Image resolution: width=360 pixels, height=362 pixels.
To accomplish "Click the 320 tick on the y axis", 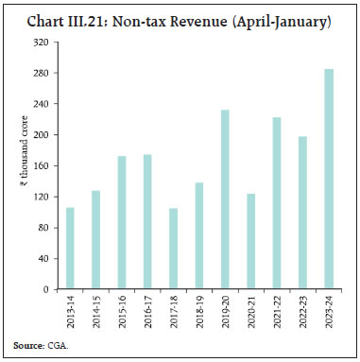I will (43, 43).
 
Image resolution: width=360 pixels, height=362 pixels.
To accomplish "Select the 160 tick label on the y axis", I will (43, 166).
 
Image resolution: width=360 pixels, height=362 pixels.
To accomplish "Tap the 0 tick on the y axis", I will (47, 289).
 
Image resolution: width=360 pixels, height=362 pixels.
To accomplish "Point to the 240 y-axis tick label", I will (43, 104).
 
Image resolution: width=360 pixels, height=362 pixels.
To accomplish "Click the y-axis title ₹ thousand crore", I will (18, 166).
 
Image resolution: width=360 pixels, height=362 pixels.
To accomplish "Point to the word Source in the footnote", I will (26, 347).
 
